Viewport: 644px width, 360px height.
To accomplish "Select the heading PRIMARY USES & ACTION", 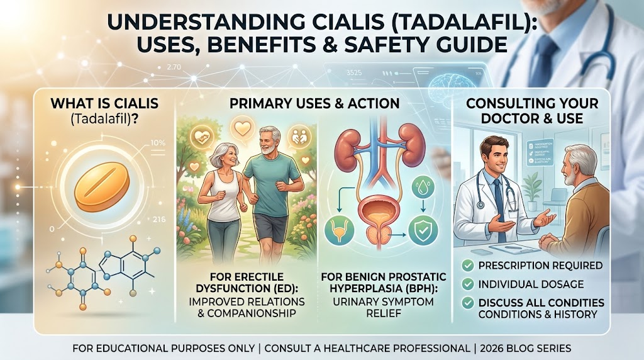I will point(315,103).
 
